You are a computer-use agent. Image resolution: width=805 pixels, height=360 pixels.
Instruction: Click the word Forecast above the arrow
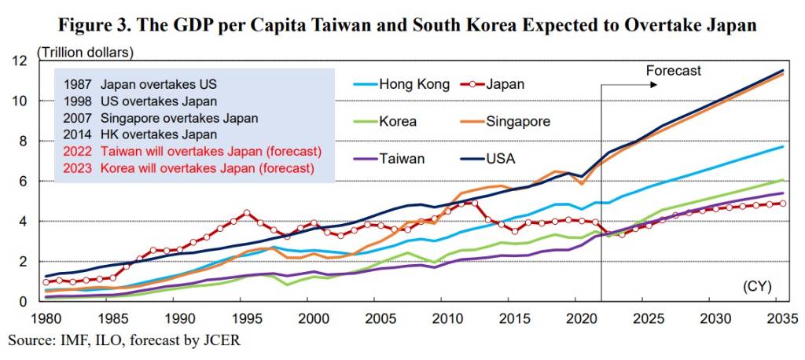point(673,70)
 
